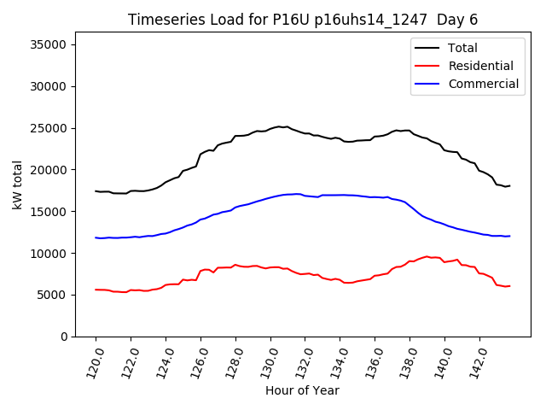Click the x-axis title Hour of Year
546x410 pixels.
(x=302, y=390)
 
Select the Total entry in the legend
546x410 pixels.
(x=462, y=48)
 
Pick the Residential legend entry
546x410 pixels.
(x=481, y=66)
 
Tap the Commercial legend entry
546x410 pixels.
(x=483, y=84)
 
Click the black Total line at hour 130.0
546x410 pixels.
(x=270, y=128)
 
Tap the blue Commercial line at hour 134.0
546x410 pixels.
(x=340, y=195)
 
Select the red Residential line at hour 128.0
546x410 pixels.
(x=235, y=265)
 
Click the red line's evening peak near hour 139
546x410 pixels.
(x=426, y=255)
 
